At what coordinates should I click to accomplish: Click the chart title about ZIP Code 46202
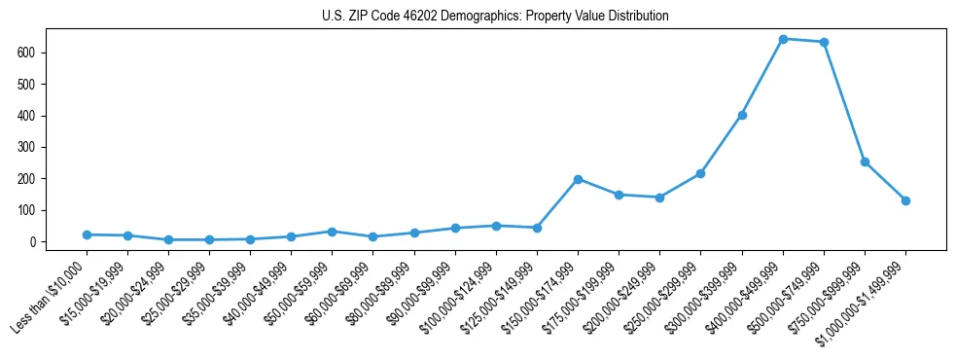495,17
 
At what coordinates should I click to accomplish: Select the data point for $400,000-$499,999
783,39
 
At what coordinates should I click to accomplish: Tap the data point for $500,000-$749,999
824,42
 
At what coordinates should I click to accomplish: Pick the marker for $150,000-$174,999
578,179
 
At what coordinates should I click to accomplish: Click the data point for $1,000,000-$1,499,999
905,200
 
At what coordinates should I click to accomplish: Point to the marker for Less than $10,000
87,234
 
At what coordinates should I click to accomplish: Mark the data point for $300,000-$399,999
742,115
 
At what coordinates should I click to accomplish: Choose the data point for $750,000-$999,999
865,162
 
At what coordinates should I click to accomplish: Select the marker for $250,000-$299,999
700,173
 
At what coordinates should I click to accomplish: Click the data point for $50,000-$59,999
333,232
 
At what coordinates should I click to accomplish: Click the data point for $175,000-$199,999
619,195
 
